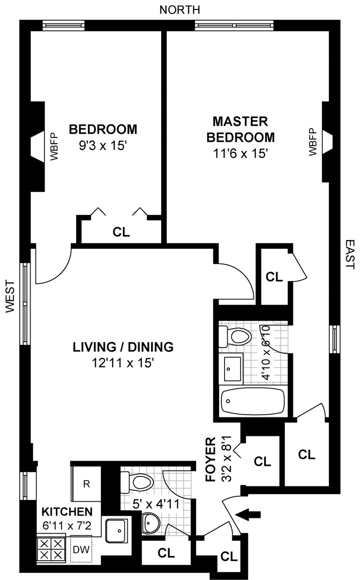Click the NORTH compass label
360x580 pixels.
click(180, 10)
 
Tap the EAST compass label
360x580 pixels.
click(350, 254)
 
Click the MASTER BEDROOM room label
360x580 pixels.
click(240, 130)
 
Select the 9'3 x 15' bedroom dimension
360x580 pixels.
click(103, 146)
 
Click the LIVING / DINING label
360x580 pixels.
click(123, 347)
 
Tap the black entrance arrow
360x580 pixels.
click(249, 513)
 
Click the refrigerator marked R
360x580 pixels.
click(86, 484)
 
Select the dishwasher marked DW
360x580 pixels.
click(81, 549)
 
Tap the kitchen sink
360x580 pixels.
click(117, 530)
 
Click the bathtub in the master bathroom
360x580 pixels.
click(253, 402)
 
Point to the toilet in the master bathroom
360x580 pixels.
click(235, 337)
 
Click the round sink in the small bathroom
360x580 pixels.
click(151, 523)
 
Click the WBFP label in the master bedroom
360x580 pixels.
click(313, 142)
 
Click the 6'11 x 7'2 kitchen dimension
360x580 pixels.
click(67, 526)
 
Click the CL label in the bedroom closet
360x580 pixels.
click(121, 232)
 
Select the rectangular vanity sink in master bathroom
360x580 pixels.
click(233, 369)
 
